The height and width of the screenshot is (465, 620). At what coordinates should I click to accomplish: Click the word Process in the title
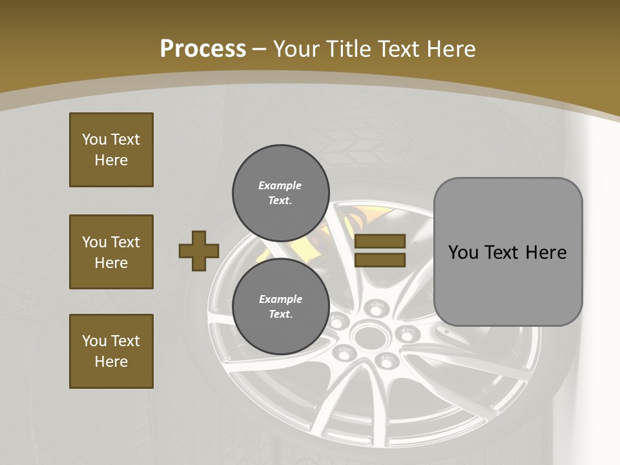tap(203, 48)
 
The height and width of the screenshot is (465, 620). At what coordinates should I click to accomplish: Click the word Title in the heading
tap(349, 48)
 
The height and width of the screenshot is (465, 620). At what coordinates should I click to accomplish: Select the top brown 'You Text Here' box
tap(111, 150)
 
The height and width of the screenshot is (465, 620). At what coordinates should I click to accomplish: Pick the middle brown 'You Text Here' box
tap(111, 252)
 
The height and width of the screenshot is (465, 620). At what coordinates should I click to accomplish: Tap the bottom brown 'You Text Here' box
tap(111, 351)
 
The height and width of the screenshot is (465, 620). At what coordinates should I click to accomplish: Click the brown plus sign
tap(199, 251)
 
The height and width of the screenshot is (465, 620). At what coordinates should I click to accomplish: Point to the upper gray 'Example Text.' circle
tap(280, 192)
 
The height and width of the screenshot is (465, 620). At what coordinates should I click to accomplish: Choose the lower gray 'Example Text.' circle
tap(280, 306)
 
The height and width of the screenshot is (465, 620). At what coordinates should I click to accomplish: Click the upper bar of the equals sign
tap(380, 241)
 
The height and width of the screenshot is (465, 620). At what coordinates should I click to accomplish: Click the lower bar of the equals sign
tap(380, 260)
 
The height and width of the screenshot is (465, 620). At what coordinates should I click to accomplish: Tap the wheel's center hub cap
tap(368, 335)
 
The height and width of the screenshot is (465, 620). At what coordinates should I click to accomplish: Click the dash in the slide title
tap(259, 49)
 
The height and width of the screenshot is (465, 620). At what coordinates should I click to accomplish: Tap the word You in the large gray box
tap(463, 252)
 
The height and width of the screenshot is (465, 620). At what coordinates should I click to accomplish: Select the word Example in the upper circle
tap(280, 185)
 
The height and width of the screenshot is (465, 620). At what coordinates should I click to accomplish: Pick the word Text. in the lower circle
tap(280, 314)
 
